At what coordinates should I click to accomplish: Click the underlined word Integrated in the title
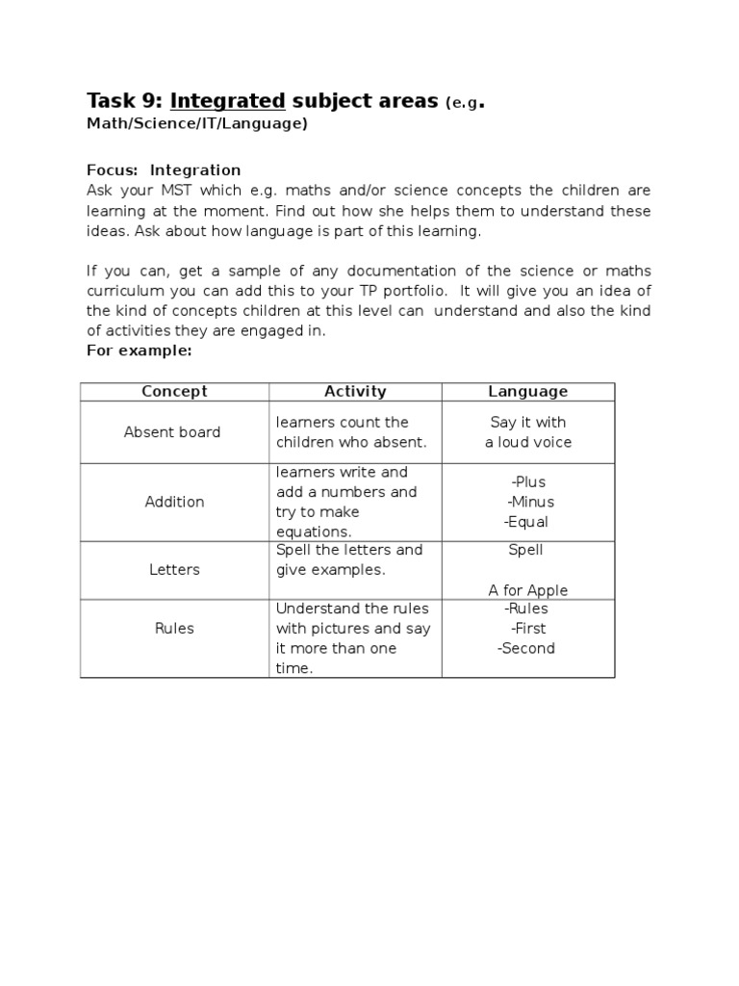coord(228,101)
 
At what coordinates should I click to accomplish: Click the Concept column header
coord(174,391)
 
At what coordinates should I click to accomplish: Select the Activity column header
coord(355,391)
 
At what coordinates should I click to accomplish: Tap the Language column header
coord(527,391)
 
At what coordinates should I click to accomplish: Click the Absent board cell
coord(172,432)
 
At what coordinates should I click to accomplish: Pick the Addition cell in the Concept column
coord(174,502)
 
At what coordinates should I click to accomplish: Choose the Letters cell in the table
coord(174,570)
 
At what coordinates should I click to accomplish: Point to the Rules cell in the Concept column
coord(174,629)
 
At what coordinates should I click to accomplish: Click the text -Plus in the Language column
coord(528,481)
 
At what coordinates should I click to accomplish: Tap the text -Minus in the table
coord(530,502)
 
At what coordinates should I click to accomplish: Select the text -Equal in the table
coord(525,522)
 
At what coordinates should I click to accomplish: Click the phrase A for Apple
coord(527,590)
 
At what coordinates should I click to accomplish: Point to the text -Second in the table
coord(526,648)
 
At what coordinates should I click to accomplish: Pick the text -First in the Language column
coord(528,629)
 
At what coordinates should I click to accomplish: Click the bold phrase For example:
coord(140,350)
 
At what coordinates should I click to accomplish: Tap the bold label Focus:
coord(113,170)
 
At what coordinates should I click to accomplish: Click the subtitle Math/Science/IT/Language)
coord(197,124)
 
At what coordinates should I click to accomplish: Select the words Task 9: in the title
coord(125,101)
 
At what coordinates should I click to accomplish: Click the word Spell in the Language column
coord(525,550)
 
